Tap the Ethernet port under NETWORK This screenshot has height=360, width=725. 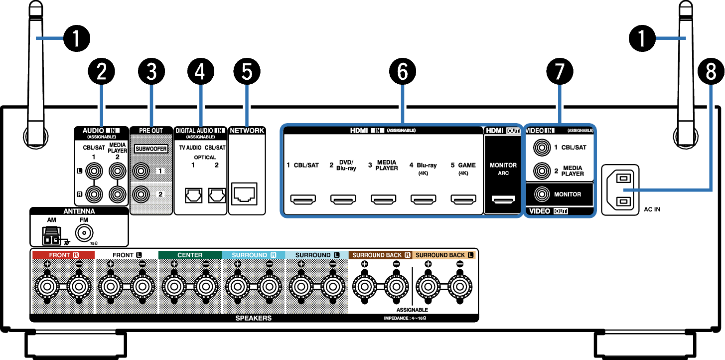pos(245,194)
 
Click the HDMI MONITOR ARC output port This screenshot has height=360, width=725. pos(503,200)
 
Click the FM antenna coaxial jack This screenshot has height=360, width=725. pos(84,233)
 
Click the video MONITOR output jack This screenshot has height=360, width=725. pos(541,194)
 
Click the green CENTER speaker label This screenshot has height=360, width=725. pos(190,255)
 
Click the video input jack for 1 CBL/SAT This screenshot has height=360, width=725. pos(541,148)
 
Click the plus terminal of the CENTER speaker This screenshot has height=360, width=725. pos(173,286)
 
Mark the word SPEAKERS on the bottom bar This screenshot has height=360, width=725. pos(253,318)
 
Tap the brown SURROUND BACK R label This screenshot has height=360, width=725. pos(380,255)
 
